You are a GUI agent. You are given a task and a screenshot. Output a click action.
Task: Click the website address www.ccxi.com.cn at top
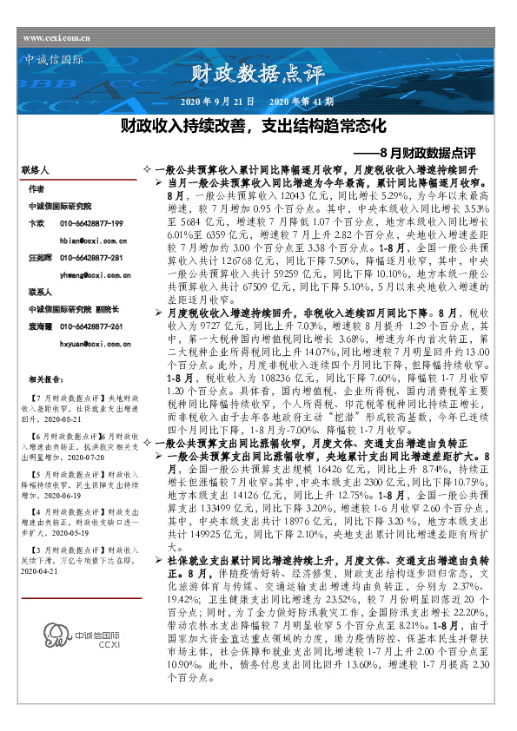coord(56,38)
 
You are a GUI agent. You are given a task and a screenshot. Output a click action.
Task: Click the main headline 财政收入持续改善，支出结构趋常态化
coord(252,127)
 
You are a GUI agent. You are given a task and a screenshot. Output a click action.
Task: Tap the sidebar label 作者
coord(36,188)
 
